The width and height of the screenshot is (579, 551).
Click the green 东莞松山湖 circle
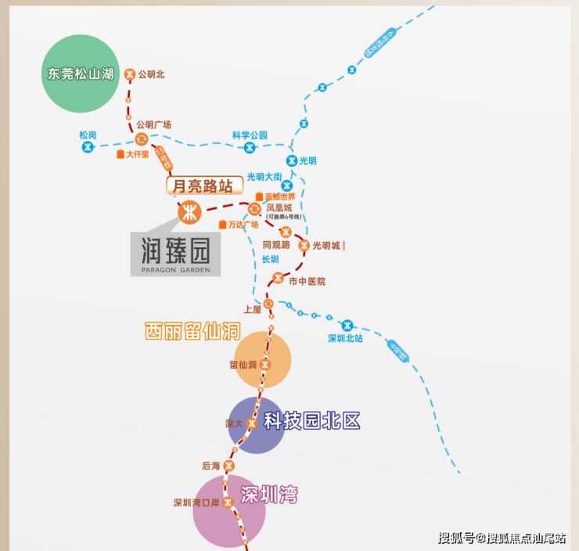81,74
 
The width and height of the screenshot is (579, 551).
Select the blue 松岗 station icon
88,146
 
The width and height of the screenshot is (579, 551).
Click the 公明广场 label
153,124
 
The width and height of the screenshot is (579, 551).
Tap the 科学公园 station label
250,135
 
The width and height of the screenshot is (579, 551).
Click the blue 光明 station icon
292,160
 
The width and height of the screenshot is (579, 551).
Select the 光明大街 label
264,176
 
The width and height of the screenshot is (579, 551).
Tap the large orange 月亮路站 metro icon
189,211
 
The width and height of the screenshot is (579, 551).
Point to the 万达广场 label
243,225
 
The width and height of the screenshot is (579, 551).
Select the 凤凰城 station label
279,208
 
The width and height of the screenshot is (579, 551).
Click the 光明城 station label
326,245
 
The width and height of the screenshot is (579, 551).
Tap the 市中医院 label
307,281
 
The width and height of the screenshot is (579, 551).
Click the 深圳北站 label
346,339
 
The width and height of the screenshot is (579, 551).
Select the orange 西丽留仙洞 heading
192,331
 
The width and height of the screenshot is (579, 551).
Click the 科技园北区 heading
311,420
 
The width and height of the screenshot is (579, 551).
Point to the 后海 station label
211,466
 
